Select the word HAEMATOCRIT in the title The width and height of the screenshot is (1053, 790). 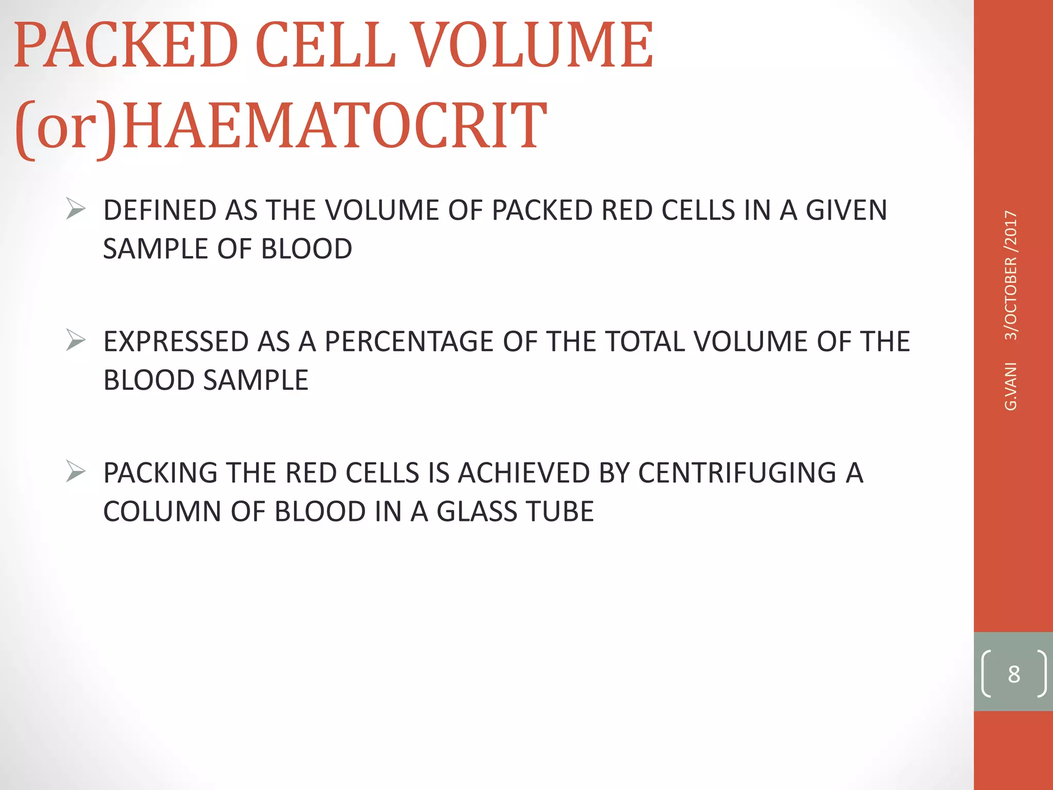(334, 127)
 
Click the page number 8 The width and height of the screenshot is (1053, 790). (1013, 674)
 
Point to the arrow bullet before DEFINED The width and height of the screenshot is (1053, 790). (76, 210)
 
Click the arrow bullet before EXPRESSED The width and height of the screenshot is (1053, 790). (76, 341)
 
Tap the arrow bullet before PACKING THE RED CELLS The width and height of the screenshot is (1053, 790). (76, 472)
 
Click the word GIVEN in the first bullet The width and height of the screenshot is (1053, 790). (846, 210)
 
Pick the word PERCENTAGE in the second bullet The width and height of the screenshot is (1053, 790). (409, 342)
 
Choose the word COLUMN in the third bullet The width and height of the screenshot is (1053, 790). (162, 511)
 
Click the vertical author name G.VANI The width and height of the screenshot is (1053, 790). (1011, 386)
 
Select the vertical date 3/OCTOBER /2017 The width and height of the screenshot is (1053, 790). (1011, 275)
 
